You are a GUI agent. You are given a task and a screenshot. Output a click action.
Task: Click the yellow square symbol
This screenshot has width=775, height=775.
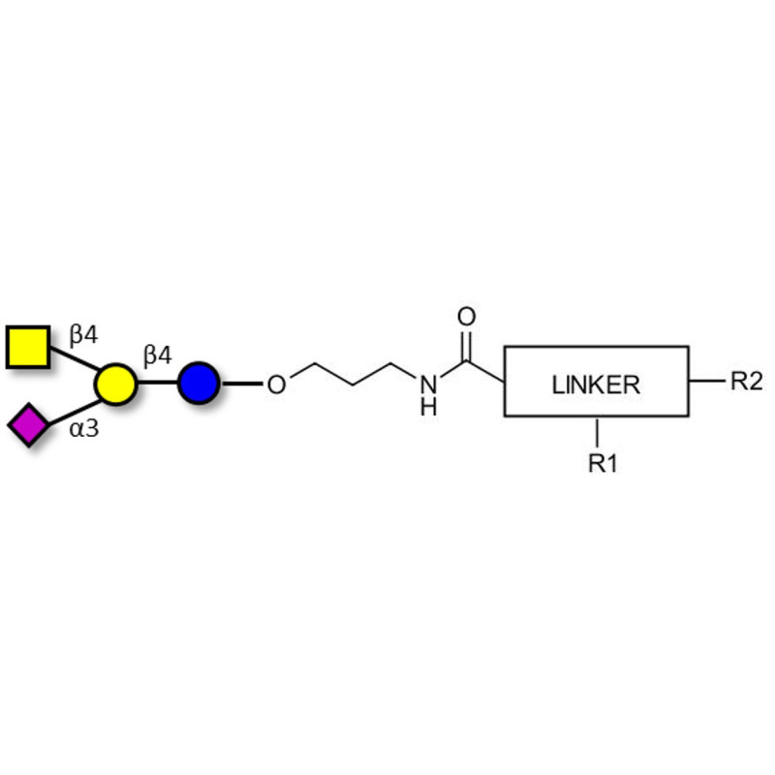(28, 348)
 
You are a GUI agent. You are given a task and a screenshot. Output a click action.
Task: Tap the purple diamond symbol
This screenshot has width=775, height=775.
(28, 425)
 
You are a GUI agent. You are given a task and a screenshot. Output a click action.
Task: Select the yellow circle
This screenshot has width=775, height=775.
(115, 385)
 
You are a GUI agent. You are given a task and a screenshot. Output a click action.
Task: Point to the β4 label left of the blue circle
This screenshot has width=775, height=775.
(158, 356)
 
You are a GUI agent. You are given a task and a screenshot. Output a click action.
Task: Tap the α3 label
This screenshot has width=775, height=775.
(84, 427)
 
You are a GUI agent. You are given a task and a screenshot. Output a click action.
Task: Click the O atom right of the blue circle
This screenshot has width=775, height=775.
(276, 386)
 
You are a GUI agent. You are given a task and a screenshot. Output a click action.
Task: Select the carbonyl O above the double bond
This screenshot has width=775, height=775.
(467, 317)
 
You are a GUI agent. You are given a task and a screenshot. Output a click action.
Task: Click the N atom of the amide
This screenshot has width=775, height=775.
(427, 385)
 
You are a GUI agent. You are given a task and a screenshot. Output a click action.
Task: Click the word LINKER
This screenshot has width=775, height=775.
(596, 385)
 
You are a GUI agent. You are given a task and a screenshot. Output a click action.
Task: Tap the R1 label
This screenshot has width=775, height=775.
(603, 464)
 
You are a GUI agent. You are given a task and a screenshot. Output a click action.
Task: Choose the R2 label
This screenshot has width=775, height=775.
(746, 381)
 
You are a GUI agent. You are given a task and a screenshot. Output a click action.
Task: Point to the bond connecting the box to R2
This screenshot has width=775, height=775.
(706, 381)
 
